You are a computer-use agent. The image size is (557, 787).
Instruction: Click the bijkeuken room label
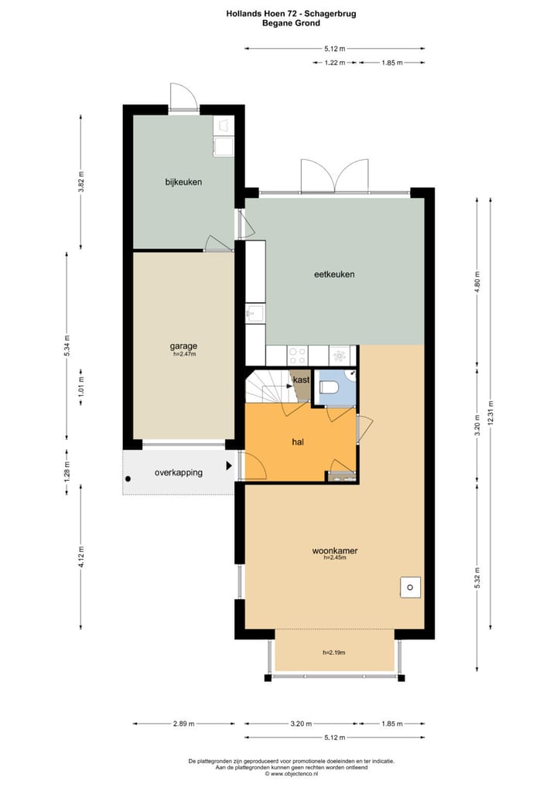[183, 182]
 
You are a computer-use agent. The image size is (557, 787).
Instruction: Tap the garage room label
[183, 346]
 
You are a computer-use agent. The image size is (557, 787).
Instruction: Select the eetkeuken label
[334, 274]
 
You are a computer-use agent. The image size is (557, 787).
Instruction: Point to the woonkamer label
[334, 550]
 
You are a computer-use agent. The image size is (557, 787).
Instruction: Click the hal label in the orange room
[297, 442]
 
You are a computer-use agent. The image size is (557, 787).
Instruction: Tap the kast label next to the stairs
[302, 380]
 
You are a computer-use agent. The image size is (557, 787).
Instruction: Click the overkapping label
[179, 472]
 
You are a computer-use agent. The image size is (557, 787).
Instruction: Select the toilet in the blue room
[328, 387]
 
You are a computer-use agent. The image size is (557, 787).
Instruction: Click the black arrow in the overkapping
[228, 466]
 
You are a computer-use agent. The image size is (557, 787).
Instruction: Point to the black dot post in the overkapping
[128, 479]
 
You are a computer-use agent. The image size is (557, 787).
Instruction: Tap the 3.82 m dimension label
[81, 182]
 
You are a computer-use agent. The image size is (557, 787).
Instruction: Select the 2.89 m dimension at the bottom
[183, 724]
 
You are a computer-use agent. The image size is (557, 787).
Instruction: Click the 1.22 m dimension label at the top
[334, 63]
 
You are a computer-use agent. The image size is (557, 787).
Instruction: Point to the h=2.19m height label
[333, 652]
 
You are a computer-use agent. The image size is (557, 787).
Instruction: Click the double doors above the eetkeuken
[334, 176]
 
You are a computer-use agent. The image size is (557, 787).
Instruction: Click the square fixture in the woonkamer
[409, 587]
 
